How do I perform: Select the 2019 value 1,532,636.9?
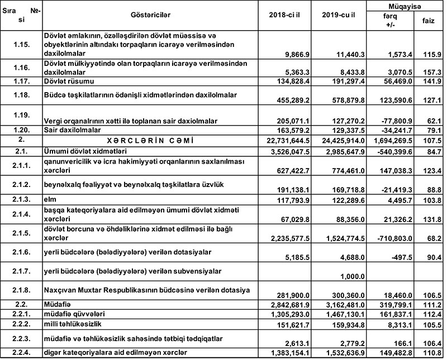tap(341, 354)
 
